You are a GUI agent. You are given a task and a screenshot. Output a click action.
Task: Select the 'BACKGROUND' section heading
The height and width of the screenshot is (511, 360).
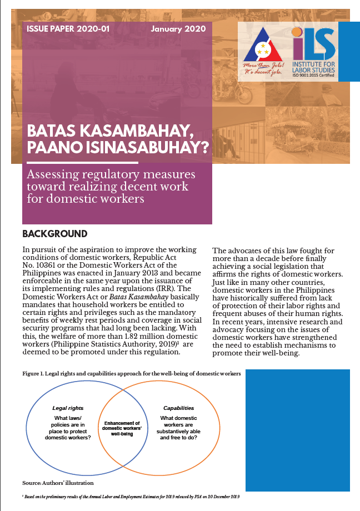[x=54, y=234]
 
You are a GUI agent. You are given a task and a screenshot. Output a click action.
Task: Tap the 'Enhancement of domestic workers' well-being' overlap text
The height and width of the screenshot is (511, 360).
[x=122, y=428]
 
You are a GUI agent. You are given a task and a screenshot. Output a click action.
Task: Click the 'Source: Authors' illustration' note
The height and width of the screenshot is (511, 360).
[x=54, y=482]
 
